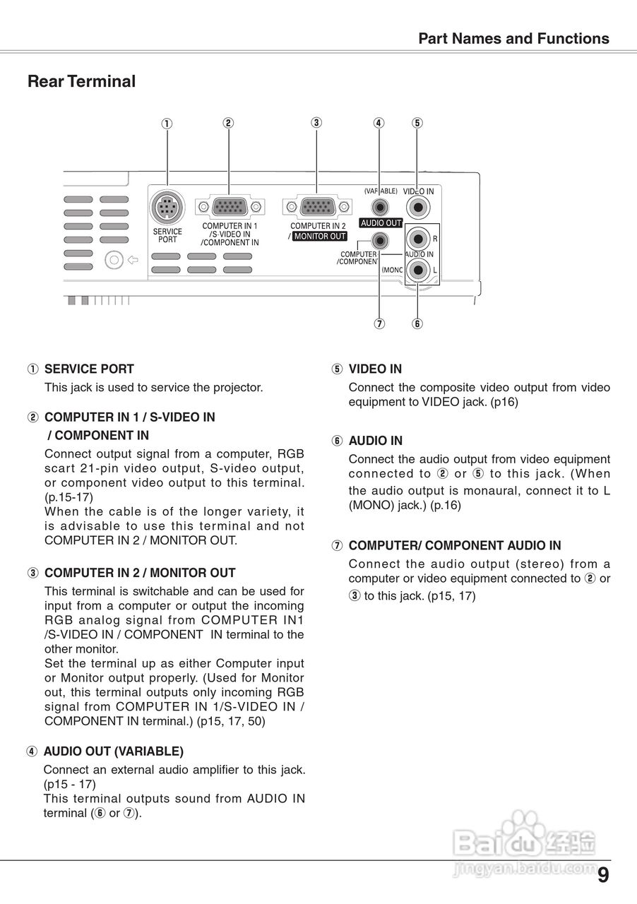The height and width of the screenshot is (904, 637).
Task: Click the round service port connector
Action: tap(167, 208)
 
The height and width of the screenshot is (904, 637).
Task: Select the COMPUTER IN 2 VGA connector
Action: tap(316, 207)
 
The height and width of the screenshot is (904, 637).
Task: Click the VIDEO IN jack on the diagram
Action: tap(419, 208)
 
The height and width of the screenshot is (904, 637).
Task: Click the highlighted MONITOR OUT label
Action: tap(320, 237)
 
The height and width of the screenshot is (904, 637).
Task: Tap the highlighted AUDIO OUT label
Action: tap(381, 223)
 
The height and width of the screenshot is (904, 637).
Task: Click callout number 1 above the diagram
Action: tap(167, 124)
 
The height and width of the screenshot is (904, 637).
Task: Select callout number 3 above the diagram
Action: tap(316, 122)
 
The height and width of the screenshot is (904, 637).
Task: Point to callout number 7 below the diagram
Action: tap(379, 323)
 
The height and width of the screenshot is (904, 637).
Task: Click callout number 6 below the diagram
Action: tap(417, 323)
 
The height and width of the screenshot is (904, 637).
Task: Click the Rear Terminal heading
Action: tap(81, 81)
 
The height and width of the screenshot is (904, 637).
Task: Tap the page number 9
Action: tap(602, 876)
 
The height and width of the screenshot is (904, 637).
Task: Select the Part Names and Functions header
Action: tap(513, 39)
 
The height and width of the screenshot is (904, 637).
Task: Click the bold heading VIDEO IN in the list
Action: tap(375, 369)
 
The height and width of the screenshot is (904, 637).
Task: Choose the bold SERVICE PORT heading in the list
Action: tap(89, 369)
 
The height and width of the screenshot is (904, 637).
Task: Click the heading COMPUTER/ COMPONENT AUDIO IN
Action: tap(455, 545)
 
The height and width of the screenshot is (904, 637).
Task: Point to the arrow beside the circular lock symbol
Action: tap(133, 259)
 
